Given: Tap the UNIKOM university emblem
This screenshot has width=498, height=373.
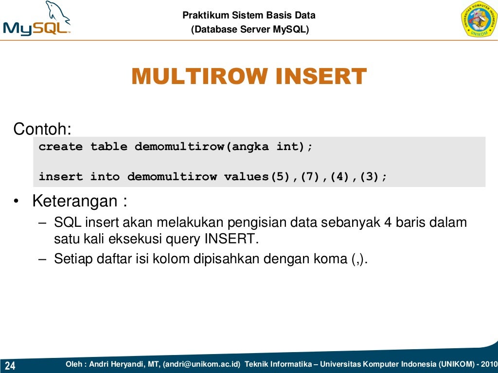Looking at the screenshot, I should coord(479,19).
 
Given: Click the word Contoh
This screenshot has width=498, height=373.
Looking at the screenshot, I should coord(42,130).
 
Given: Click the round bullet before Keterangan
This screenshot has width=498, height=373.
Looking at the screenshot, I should coord(17,202).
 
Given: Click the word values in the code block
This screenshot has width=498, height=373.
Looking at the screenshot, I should coord(242,177).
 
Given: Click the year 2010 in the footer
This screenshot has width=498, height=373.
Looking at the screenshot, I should coord(488,364).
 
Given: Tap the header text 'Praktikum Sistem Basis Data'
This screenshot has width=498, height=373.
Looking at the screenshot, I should coord(249,16).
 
